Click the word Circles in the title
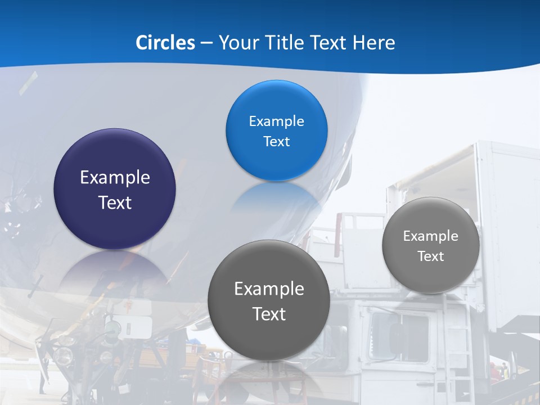(165, 43)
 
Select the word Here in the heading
(374, 43)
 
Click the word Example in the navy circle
(115, 178)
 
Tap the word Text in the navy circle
(115, 202)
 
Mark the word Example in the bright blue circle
(276, 121)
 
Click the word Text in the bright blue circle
(276, 142)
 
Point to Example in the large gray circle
(269, 289)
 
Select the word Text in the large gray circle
(269, 314)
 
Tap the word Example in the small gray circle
(431, 236)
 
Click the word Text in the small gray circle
(431, 256)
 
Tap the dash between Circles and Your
(206, 43)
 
